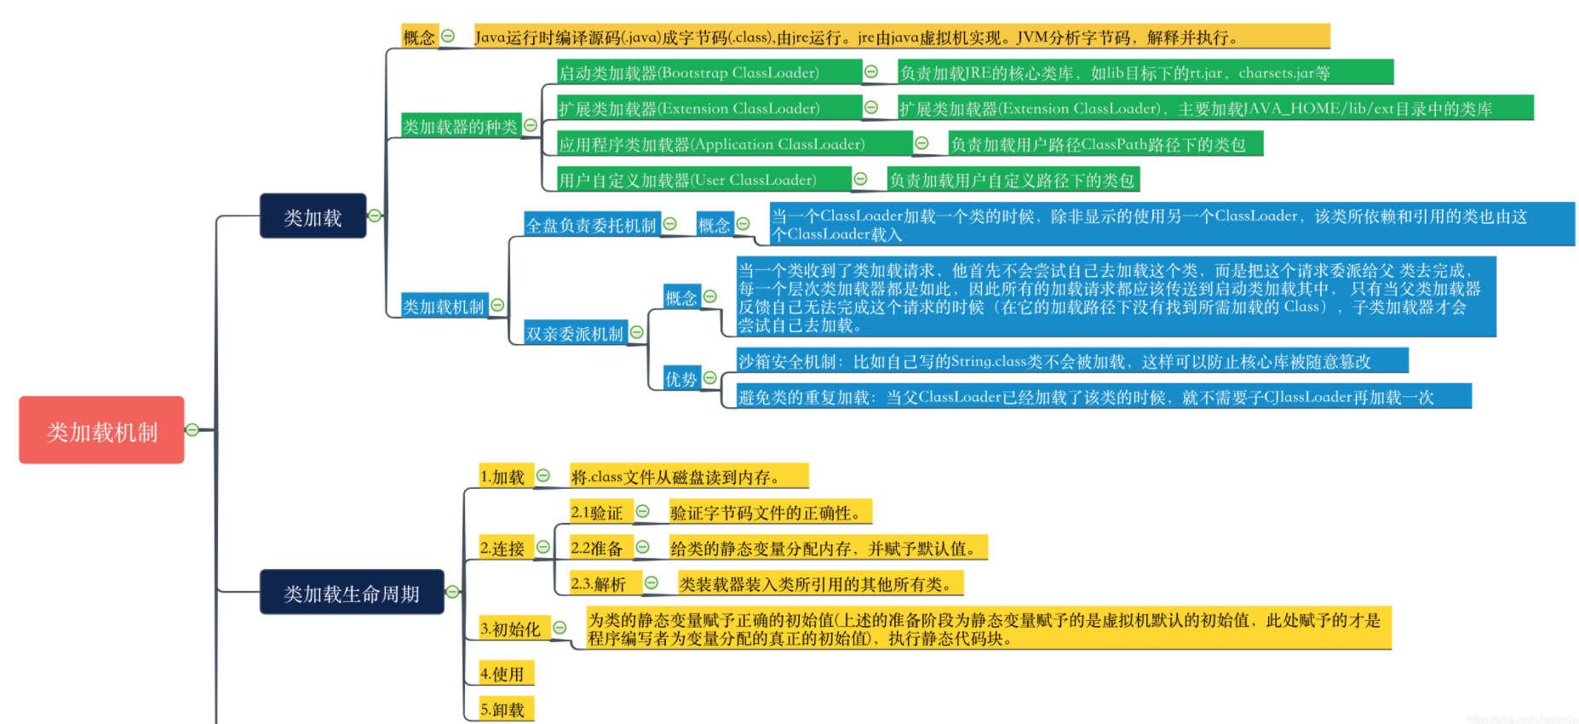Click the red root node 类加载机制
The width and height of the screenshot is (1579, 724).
(x=101, y=430)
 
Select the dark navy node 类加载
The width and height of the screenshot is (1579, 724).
(x=313, y=216)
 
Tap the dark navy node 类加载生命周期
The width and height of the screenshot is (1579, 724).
(x=351, y=592)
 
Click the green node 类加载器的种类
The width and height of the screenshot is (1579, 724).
(x=460, y=126)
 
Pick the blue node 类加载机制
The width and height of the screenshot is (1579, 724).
(x=443, y=306)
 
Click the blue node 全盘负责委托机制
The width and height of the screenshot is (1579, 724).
(x=591, y=225)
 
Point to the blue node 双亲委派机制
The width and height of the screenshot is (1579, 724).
(x=574, y=333)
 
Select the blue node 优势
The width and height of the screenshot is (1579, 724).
(x=680, y=378)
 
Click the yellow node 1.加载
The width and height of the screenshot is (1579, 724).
(x=504, y=477)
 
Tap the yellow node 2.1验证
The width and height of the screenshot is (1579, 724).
(x=600, y=512)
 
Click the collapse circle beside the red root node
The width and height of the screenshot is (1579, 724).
(x=192, y=430)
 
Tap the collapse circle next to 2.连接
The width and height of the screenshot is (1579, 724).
(x=543, y=547)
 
